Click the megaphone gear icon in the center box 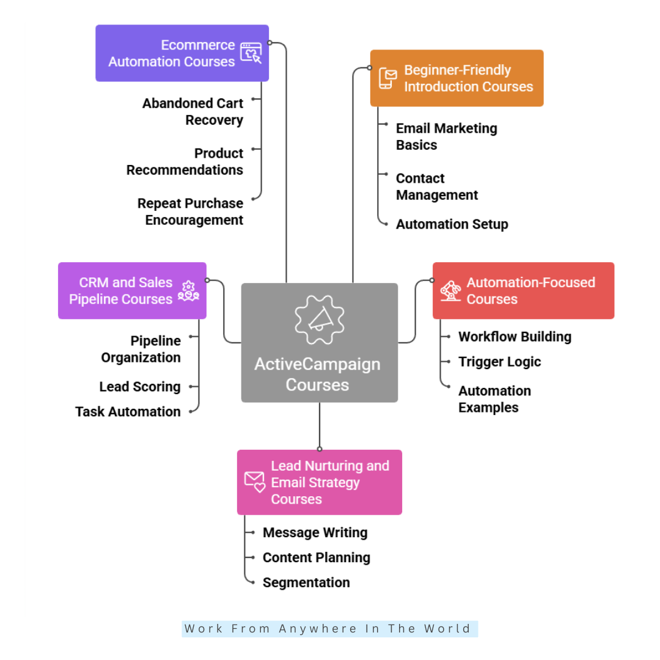coord(320,319)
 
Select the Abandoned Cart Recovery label coord(193,112)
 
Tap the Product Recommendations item coord(185,162)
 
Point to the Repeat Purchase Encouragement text coord(190,212)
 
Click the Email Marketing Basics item coord(446,137)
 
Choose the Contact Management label coord(436,187)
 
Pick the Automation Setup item coord(452,224)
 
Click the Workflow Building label coord(515,337)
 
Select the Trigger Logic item coord(499,362)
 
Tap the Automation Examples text coord(494,399)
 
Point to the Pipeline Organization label coord(141,349)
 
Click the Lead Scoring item coord(140,387)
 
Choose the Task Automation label coord(128,412)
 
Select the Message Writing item coord(315,533)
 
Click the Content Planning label coord(316,558)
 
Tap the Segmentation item coord(306,583)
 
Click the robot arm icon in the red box coord(450,291)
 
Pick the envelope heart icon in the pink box coord(255,482)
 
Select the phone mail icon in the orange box coord(387,78)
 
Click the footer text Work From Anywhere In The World coord(329,629)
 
